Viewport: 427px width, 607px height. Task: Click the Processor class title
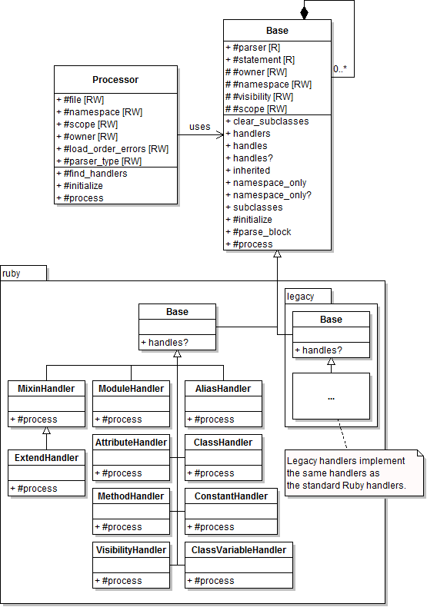[115, 79]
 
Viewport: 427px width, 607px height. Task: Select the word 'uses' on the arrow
[199, 127]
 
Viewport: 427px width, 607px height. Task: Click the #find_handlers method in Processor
[92, 174]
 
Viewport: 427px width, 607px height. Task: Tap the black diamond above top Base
[304, 12]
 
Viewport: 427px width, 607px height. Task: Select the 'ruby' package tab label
[12, 274]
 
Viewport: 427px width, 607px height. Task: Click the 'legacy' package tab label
[300, 297]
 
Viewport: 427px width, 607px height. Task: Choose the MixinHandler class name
[46, 389]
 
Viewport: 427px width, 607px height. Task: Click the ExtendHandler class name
[46, 458]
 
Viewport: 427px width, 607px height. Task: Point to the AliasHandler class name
[223, 389]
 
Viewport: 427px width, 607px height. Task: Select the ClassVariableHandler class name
[239, 550]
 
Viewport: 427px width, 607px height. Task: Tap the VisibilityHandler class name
[131, 550]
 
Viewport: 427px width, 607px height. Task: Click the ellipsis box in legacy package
[331, 396]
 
